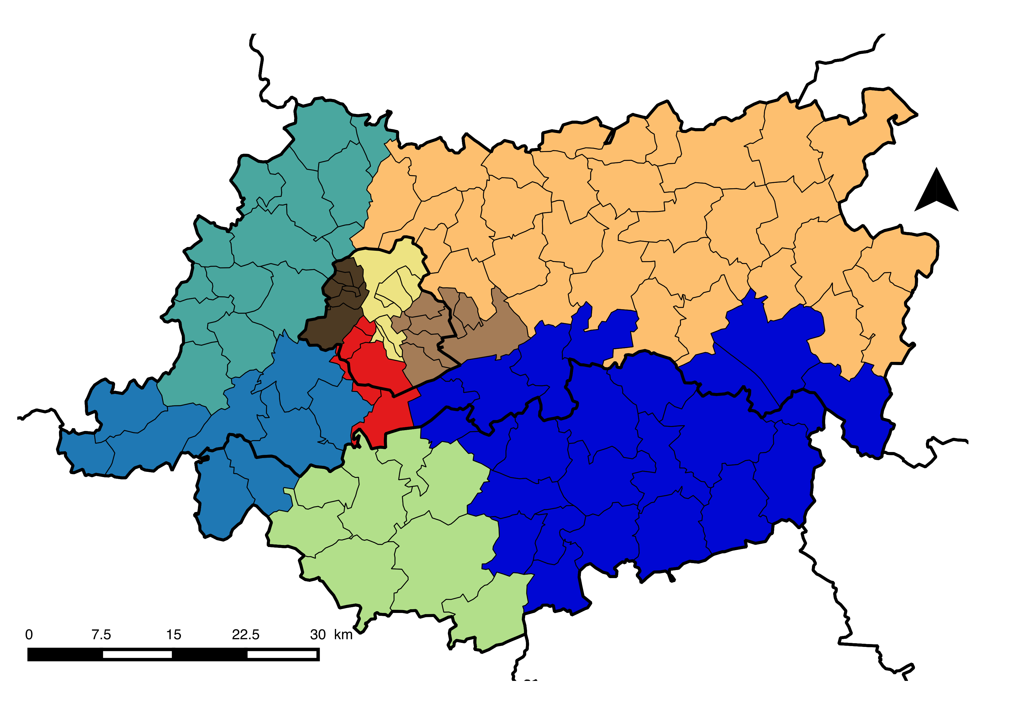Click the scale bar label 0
tap(29, 635)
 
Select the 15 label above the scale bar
tap(173, 635)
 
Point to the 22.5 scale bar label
tap(246, 635)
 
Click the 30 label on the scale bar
tap(318, 635)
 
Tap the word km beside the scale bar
tap(343, 635)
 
